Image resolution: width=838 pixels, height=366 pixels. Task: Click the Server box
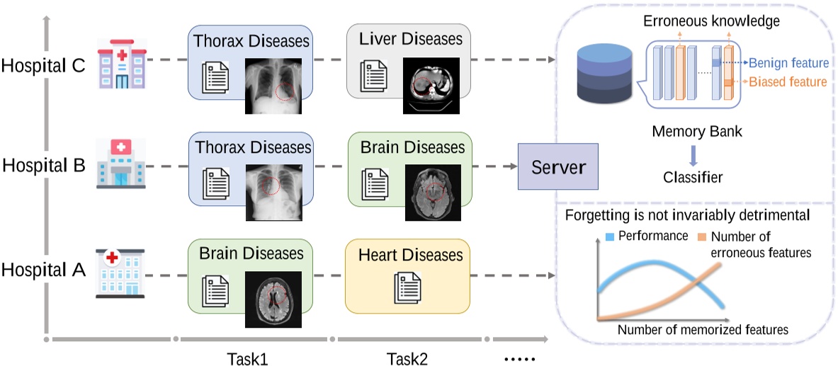(x=558, y=166)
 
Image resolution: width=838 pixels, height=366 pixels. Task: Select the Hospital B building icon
(x=120, y=164)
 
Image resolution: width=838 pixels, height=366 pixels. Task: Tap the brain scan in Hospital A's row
(x=273, y=299)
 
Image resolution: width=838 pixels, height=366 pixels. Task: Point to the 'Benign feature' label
(x=788, y=63)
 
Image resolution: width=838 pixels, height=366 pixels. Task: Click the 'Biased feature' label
(x=788, y=82)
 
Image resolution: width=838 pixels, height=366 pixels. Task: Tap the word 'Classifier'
(x=692, y=178)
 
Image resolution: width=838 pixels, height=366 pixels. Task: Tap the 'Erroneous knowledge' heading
(x=711, y=21)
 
